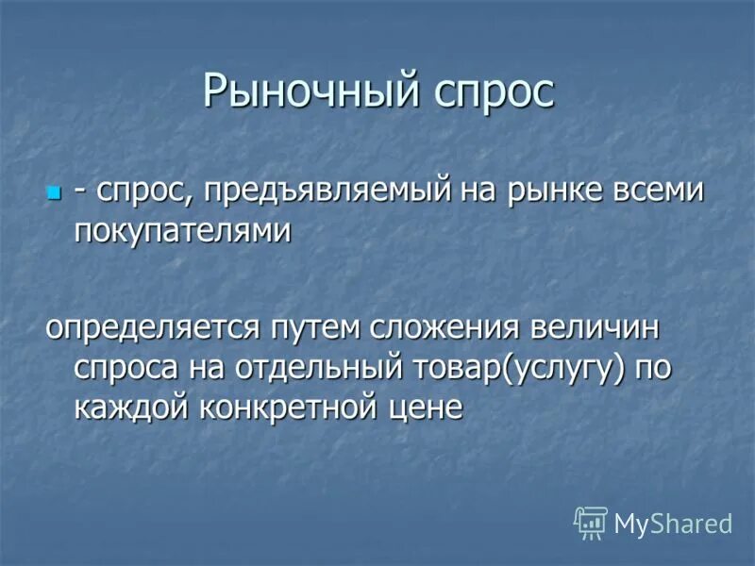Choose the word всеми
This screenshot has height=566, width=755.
click(660, 191)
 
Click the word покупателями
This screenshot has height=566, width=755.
click(181, 231)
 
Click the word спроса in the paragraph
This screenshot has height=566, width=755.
click(122, 368)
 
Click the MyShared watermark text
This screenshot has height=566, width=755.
click(673, 523)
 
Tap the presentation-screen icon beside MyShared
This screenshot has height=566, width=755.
click(591, 522)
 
